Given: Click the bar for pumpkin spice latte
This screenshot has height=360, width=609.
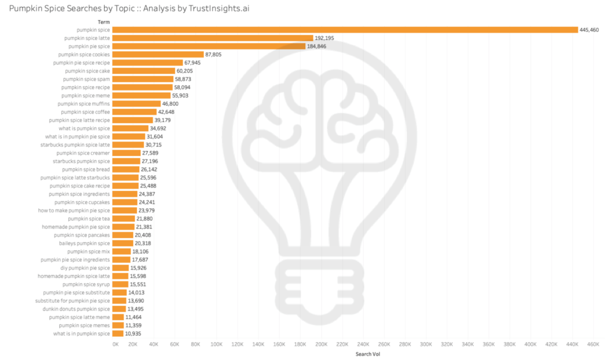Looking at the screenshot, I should coord(212,37).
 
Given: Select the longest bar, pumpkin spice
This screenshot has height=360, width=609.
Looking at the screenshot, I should coord(345,29).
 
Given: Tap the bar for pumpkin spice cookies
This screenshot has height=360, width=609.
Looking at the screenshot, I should coord(158,54).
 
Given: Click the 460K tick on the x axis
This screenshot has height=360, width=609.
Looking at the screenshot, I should coord(593,344).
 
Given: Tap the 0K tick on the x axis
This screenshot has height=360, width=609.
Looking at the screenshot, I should coord(115,344).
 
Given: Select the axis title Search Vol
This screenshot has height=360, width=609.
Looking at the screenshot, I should coord(368,354).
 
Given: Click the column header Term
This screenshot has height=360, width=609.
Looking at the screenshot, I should coord(103,21).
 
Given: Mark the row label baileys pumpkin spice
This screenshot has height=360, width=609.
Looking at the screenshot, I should coord(84,243).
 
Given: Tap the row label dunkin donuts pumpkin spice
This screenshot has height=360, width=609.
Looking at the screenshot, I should coord(76,309).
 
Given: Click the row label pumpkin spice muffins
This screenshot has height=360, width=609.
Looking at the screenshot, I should coord(84,104).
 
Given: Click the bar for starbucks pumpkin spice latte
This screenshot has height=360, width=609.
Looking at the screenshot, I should coord(128,145).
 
